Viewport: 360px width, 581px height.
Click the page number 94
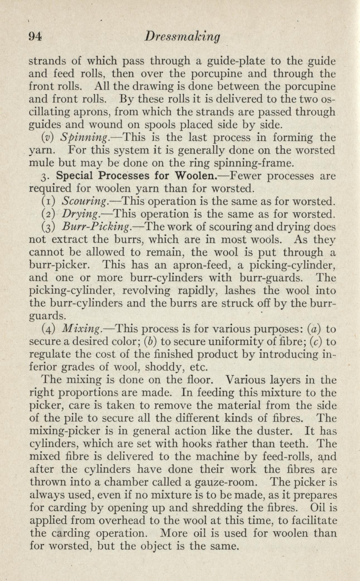point(35,36)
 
